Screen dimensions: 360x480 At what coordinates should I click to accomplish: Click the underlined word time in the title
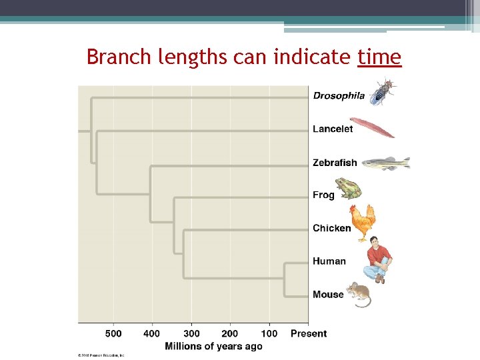pos(379,58)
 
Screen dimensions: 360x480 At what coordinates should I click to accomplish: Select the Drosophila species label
pos(339,95)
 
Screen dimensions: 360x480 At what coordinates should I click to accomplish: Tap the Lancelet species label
pos(333,129)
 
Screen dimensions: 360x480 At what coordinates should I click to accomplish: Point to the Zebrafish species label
pos(335,162)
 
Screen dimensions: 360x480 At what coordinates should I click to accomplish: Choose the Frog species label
pos(323,195)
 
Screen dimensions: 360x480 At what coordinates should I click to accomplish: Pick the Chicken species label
pos(331,228)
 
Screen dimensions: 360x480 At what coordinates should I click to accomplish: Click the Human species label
pos(329,261)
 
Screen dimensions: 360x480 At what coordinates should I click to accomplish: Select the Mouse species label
pos(328,294)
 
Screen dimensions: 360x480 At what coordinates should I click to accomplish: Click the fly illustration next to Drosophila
pos(383,91)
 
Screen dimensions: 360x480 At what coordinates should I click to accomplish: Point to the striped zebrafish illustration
pos(385,163)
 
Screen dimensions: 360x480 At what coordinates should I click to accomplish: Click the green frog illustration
pos(348,189)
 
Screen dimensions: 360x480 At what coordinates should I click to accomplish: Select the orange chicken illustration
pos(363,222)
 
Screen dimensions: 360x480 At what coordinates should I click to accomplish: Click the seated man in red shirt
pos(379,260)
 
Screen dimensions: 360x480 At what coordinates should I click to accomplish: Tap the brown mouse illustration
pos(359,294)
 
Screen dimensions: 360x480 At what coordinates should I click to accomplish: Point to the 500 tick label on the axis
pos(113,333)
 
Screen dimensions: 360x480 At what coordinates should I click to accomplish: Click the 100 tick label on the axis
pos(269,333)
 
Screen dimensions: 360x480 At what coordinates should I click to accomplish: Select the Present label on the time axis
pos(309,333)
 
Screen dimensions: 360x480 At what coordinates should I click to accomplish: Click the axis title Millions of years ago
pos(213,346)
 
